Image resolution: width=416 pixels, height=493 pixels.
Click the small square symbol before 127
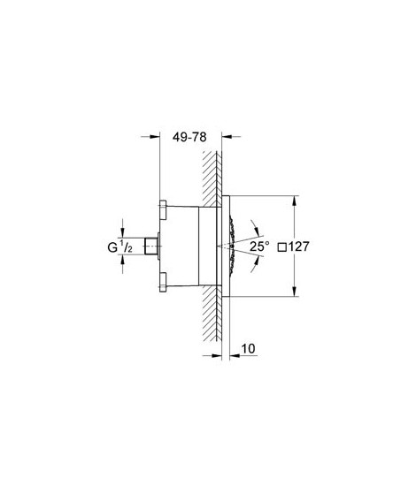pyautogui.click(x=283, y=247)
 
